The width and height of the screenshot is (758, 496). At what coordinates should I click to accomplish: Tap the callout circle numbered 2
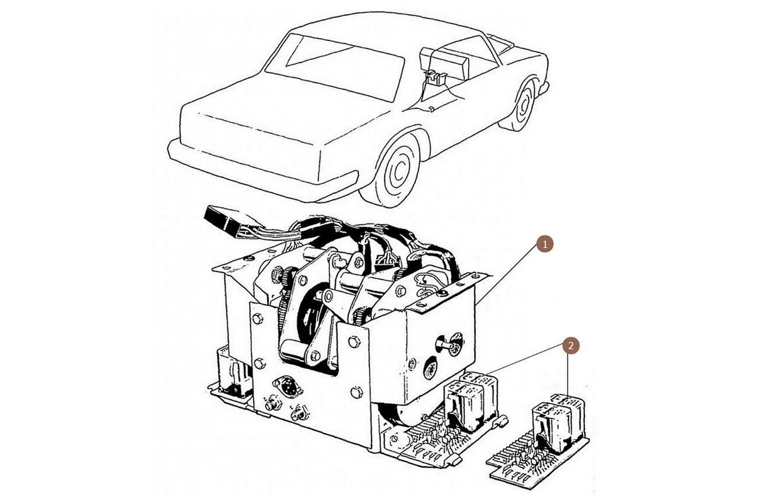point(571,346)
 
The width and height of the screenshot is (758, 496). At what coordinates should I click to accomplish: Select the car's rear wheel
point(525,104)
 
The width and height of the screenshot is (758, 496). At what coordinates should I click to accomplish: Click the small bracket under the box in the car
point(434,78)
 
